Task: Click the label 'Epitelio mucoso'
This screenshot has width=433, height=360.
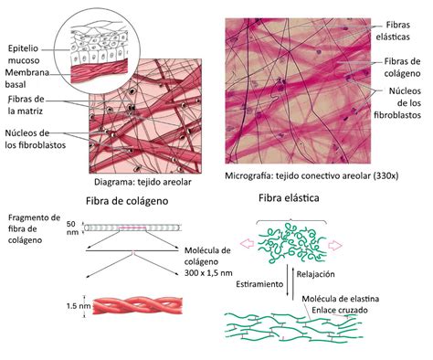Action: (x=24, y=54)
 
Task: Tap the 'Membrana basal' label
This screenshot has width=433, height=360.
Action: (x=26, y=79)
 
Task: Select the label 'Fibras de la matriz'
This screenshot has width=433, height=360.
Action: (x=26, y=105)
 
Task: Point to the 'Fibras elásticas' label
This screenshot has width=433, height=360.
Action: (x=393, y=31)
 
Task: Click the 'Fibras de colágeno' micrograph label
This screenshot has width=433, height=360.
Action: (x=402, y=68)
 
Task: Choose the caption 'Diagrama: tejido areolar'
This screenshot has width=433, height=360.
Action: (x=143, y=182)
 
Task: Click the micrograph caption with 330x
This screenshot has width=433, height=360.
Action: (x=312, y=175)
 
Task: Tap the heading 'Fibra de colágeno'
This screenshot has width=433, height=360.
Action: (x=127, y=201)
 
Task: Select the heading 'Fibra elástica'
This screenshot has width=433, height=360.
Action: (x=289, y=198)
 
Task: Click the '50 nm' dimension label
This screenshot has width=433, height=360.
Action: (x=72, y=228)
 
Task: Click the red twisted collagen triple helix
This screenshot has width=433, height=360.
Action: (x=138, y=306)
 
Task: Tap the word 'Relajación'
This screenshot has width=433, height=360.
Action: (x=315, y=274)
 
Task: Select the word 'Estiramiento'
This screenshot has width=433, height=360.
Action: (x=259, y=284)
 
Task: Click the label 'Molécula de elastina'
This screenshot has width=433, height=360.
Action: (x=341, y=299)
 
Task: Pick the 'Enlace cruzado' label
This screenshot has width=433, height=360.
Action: (x=340, y=311)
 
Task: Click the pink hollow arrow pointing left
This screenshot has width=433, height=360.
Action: (x=248, y=243)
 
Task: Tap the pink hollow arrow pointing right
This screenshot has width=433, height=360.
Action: (x=335, y=245)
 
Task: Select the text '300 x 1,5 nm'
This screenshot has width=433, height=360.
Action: (x=208, y=273)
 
